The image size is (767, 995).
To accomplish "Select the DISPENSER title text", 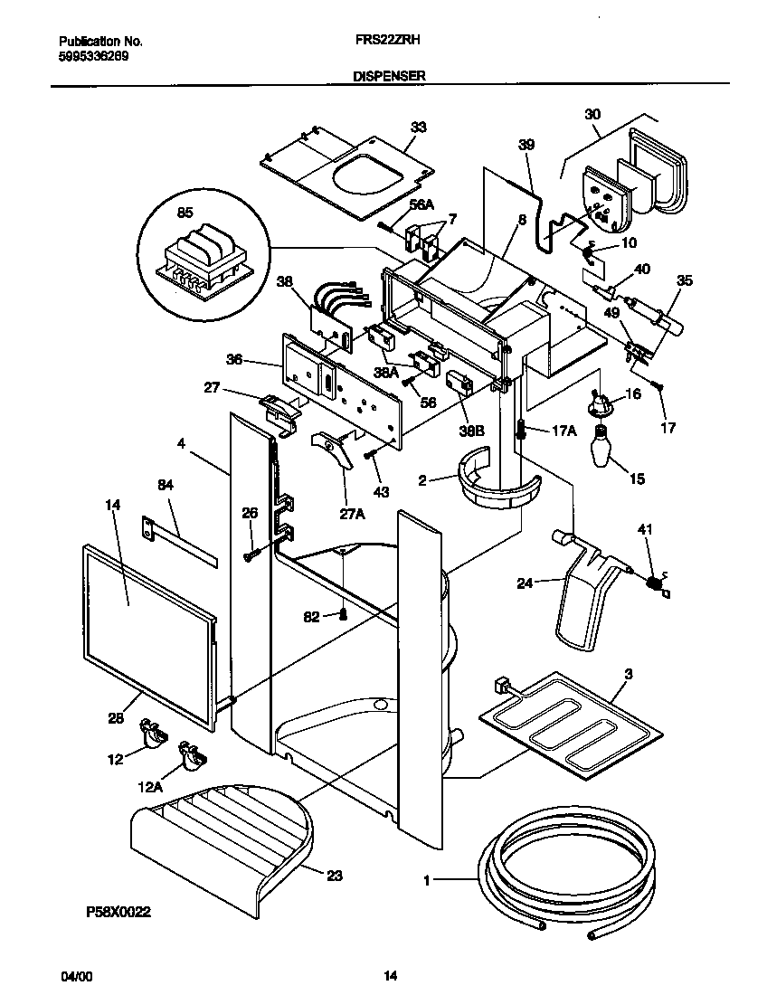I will [389, 78].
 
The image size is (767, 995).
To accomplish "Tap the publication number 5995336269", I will [93, 54].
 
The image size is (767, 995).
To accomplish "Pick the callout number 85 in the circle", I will [185, 214].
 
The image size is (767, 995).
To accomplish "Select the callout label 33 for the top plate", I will [417, 127].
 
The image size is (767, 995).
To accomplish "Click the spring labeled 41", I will [653, 583].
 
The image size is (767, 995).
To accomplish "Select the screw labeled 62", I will [344, 616].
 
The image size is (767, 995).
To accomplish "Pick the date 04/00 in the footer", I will [76, 976].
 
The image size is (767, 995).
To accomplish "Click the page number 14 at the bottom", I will [390, 976].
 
